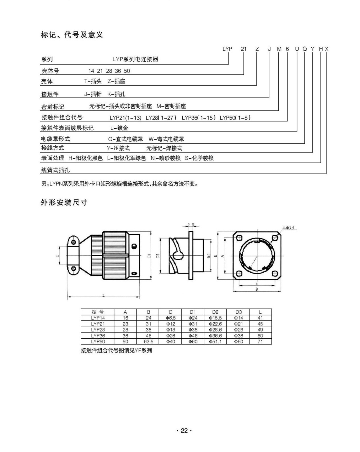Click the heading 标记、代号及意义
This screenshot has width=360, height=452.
click(72, 35)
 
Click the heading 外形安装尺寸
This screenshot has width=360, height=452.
click(64, 202)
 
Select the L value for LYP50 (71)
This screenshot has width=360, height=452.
click(260, 341)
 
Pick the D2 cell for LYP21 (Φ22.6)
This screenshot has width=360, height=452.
click(215, 324)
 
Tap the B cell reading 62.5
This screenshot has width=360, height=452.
click(148, 341)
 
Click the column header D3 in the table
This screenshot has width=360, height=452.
click(238, 312)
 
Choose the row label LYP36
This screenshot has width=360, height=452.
click(98, 336)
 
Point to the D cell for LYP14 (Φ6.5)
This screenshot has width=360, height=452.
click(170, 318)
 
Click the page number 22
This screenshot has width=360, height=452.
click(184, 431)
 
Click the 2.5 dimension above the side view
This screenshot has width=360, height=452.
click(191, 224)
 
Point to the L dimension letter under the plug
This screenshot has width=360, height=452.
click(103, 295)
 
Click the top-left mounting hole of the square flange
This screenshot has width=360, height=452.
click(239, 238)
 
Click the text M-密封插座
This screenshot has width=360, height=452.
click(171, 106)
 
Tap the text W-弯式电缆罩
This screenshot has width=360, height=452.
click(166, 139)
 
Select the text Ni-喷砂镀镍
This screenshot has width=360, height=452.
click(166, 158)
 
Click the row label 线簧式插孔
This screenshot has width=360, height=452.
click(55, 170)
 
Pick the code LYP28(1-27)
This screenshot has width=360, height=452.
click(161, 118)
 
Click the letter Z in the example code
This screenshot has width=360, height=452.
click(257, 49)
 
